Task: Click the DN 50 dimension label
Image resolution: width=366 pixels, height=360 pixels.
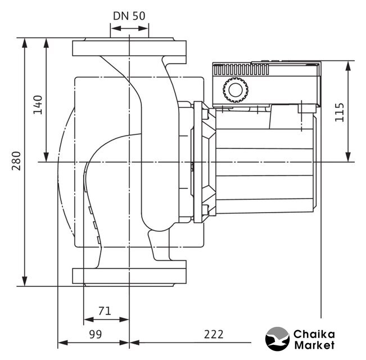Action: click(129, 16)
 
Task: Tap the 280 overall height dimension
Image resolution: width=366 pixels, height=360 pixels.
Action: click(16, 161)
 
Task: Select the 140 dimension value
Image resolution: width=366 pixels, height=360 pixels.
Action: click(38, 105)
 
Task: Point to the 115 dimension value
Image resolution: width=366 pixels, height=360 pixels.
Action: click(340, 112)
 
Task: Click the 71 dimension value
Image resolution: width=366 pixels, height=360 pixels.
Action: click(105, 311)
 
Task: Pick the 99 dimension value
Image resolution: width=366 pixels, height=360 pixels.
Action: click(96, 334)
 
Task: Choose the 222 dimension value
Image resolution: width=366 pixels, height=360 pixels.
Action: click(214, 334)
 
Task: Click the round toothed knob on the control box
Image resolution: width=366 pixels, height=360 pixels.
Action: click(236, 90)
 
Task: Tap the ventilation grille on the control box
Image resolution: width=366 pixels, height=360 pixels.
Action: click(241, 70)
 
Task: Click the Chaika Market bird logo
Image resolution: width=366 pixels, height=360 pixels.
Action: click(277, 339)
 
